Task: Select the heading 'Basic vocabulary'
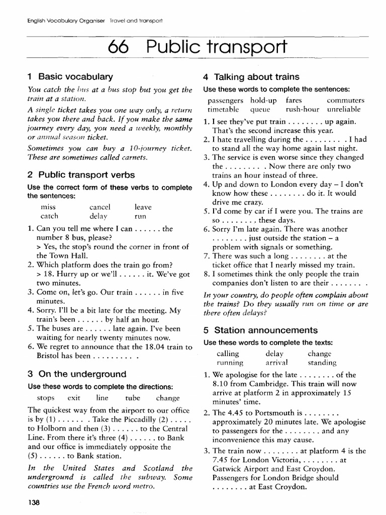point(70,77)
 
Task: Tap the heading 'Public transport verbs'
point(81,175)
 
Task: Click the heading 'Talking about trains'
point(251,77)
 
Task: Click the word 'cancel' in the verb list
point(100,207)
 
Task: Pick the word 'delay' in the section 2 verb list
point(99,216)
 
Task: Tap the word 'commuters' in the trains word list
point(345,100)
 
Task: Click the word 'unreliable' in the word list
point(343,109)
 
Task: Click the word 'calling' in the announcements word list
point(228,353)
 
